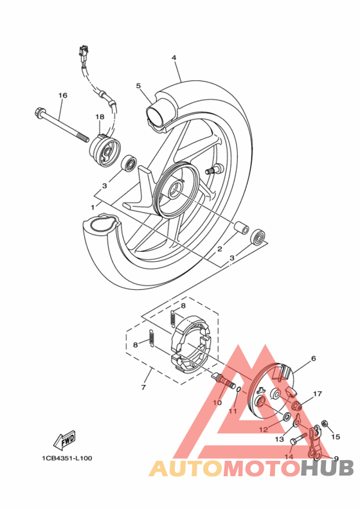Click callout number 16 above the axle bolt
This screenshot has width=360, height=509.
62,96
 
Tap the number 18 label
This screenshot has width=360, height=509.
100,116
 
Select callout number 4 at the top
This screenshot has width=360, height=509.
174,58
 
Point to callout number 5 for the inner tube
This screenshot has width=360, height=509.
138,85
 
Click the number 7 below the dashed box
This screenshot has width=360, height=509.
143,388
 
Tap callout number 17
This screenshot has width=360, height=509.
317,393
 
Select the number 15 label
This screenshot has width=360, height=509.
334,436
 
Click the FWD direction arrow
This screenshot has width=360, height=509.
64,442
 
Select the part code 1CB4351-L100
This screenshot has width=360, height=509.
66,458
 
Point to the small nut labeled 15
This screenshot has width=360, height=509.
325,425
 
